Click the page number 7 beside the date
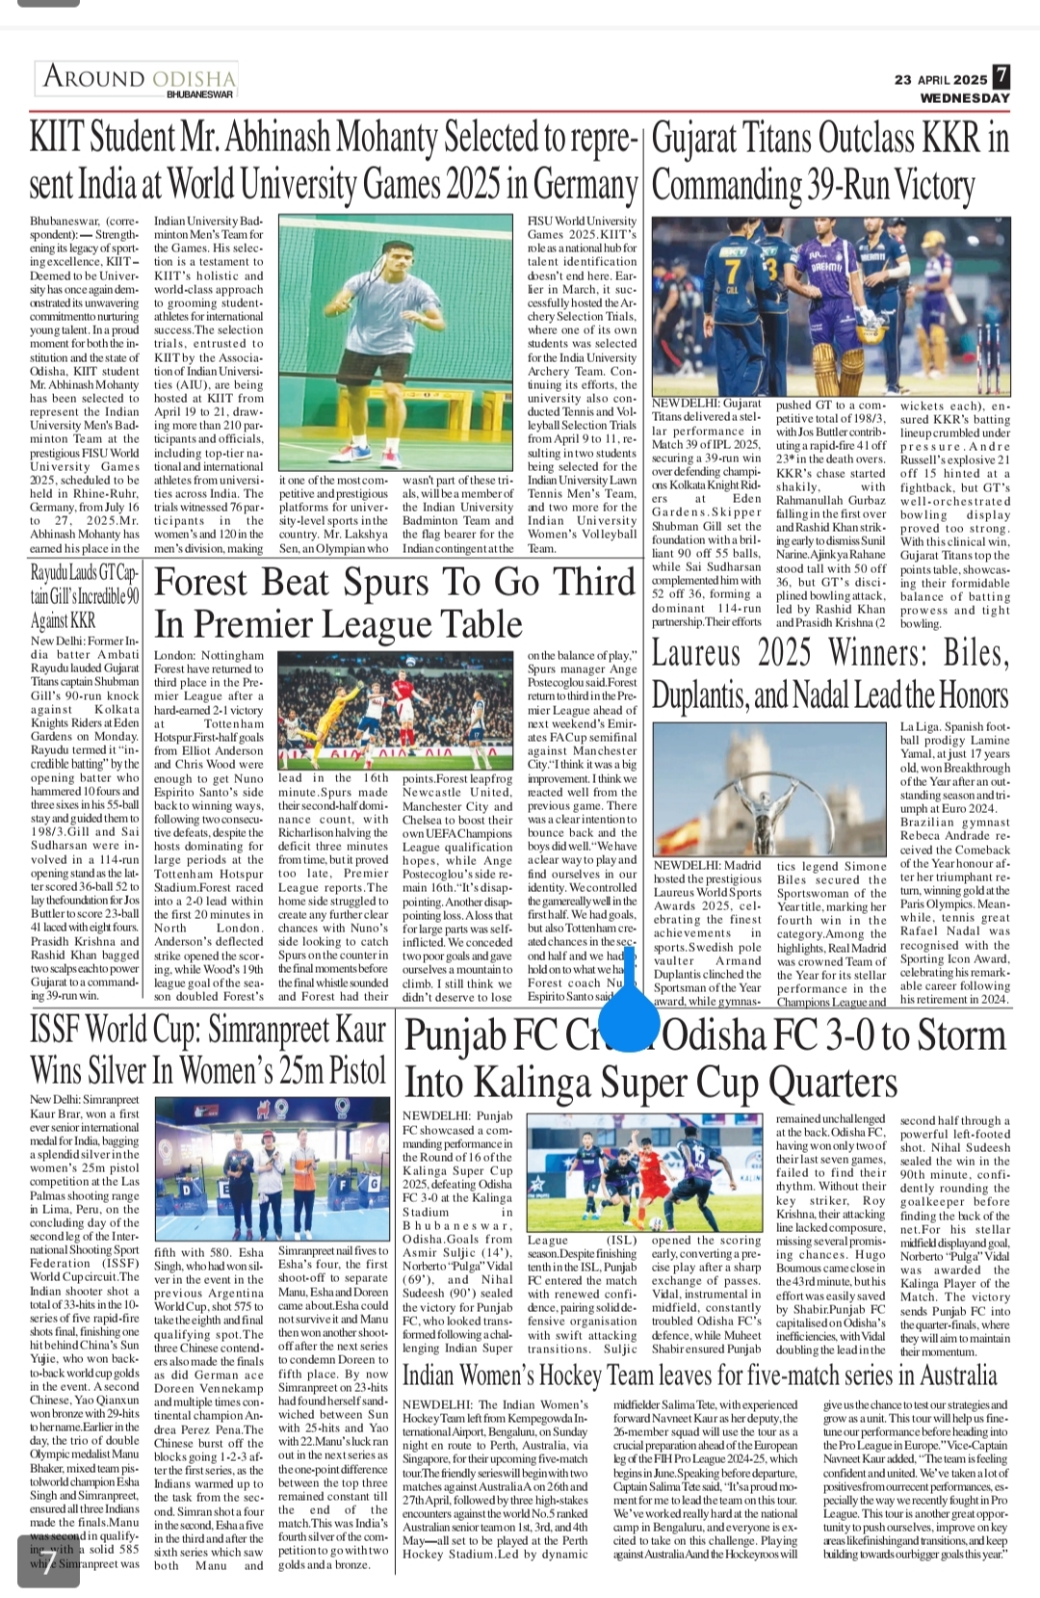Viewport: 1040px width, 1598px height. coord(1001,77)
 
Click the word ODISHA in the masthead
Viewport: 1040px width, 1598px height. coord(194,78)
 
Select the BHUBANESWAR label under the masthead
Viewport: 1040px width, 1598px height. coord(200,94)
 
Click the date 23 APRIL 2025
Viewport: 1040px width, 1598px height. coord(941,80)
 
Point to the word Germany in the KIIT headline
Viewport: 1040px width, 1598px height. coord(585,184)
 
